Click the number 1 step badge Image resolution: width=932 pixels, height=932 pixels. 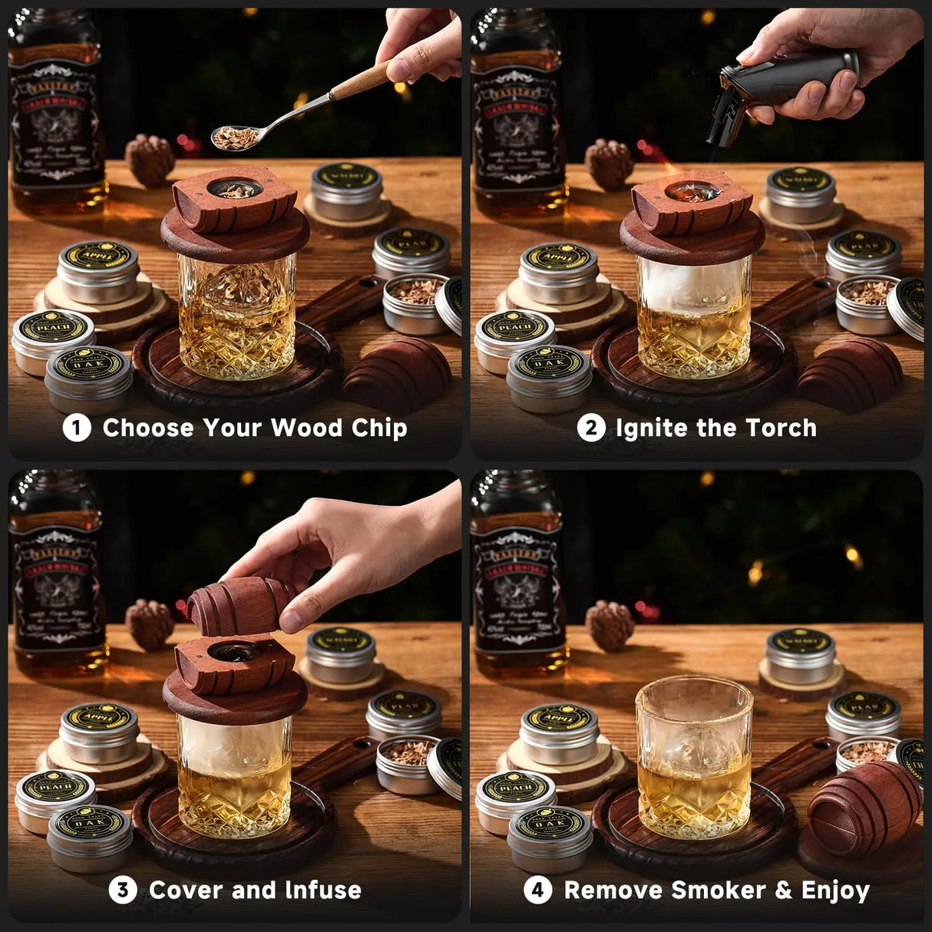coord(76,428)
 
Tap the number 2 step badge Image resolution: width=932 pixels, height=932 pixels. coord(590,428)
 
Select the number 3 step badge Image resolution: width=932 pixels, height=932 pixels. coord(122,891)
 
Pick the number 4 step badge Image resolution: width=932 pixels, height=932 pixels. coord(537,891)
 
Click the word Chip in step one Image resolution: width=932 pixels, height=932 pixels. coord(379,428)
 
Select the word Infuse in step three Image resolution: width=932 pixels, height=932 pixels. coord(322,891)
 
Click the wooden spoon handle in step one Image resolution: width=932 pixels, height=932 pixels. coord(361,81)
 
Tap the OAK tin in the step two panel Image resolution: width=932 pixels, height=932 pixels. coord(549,376)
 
